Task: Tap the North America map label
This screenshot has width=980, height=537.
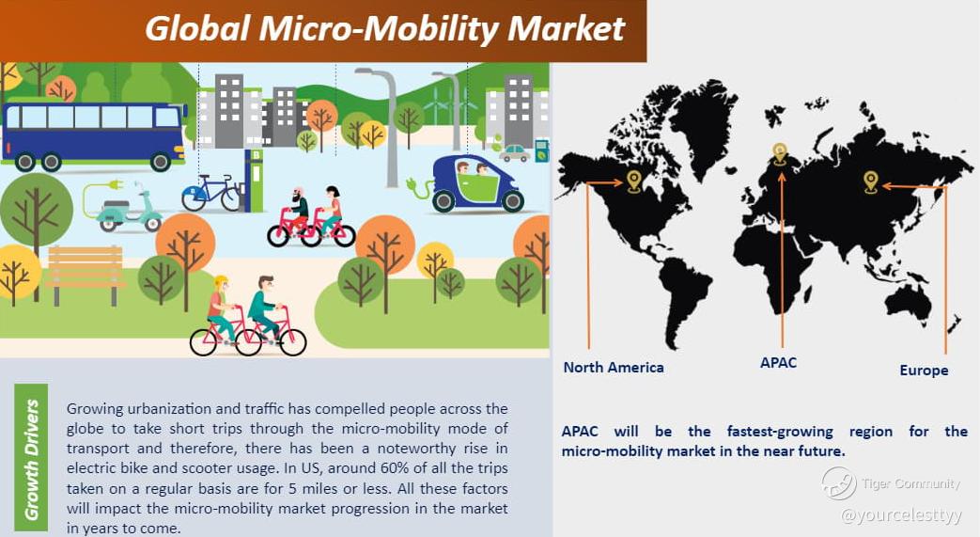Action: click(x=614, y=368)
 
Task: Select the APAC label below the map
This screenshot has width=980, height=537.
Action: click(x=778, y=362)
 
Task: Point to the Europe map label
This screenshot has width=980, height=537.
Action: click(x=924, y=371)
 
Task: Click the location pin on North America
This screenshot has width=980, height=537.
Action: click(x=633, y=181)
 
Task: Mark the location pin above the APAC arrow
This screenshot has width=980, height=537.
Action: click(x=779, y=152)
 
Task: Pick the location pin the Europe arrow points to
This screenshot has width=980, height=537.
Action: click(x=871, y=182)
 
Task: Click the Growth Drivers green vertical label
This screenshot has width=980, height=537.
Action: click(x=31, y=459)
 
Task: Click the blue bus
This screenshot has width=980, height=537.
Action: click(x=94, y=135)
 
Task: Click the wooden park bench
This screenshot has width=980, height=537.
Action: click(x=85, y=275)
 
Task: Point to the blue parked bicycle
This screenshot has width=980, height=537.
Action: click(x=211, y=194)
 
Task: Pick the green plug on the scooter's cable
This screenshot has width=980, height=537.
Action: click(x=115, y=185)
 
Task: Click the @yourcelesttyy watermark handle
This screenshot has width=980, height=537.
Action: click(x=902, y=515)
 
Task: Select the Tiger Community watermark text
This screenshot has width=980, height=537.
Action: click(x=910, y=483)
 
